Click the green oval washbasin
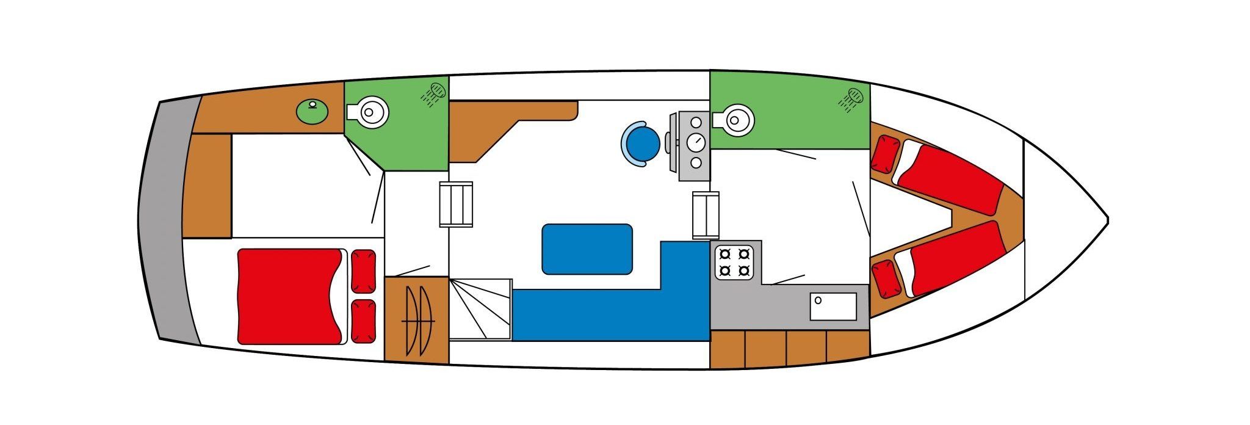[312, 112]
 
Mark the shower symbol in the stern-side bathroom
[435, 94]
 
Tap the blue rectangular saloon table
[587, 249]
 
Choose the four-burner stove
[735, 261]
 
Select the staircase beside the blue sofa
[480, 309]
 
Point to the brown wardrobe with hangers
[416, 319]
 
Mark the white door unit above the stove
[706, 216]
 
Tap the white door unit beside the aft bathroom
[456, 204]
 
